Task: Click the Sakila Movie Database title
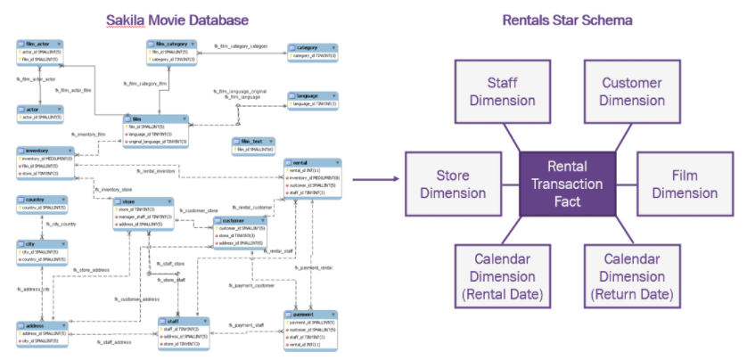click(x=177, y=19)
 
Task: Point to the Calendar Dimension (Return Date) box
click(x=632, y=274)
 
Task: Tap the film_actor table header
click(x=41, y=43)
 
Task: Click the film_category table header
click(x=173, y=43)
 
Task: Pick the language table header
click(x=313, y=95)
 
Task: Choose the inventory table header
click(x=41, y=151)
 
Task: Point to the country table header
click(x=41, y=200)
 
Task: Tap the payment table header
click(x=309, y=314)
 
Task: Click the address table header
click(x=41, y=326)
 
